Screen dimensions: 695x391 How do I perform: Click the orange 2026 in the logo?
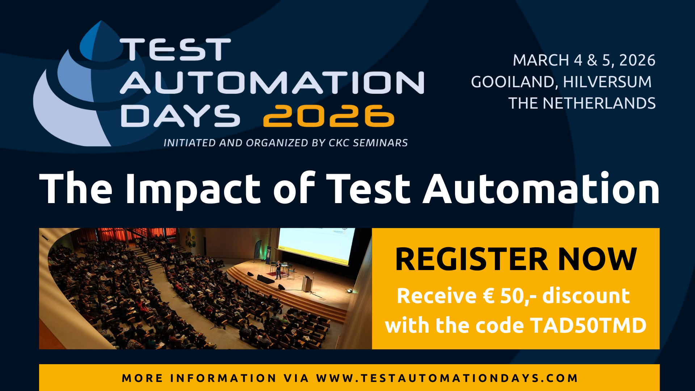click(x=329, y=116)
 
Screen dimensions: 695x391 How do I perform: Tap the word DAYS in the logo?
click(x=180, y=116)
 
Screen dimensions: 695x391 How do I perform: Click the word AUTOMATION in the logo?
click(x=272, y=83)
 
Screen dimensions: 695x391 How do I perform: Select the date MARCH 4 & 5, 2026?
click(x=584, y=60)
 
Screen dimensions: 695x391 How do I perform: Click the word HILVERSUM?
click(x=607, y=82)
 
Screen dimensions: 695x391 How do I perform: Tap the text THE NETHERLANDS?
click(x=582, y=103)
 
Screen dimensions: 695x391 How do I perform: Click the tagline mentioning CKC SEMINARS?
click(x=286, y=143)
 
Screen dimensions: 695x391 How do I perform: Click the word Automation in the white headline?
click(x=542, y=188)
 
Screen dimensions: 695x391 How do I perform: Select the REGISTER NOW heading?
click(x=516, y=259)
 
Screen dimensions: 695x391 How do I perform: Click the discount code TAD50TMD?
click(x=588, y=325)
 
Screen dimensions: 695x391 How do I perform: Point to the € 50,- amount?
click(x=510, y=296)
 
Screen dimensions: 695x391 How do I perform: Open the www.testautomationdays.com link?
click(x=447, y=378)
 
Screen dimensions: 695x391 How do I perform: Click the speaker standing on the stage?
click(x=278, y=270)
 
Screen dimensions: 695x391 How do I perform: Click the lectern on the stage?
click(x=307, y=283)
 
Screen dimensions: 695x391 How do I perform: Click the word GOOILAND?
click(x=512, y=82)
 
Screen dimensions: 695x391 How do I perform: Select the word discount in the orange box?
click(x=586, y=296)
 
